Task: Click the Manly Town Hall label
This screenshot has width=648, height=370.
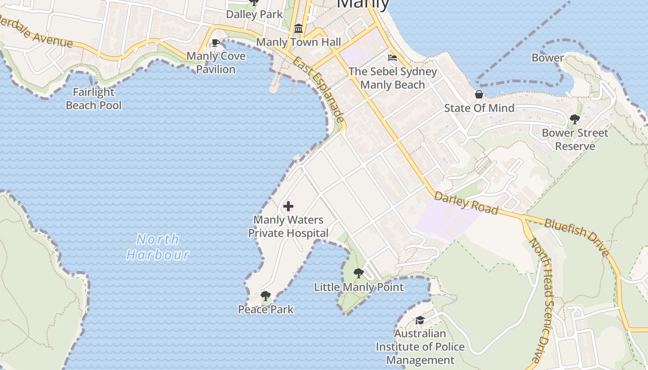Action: click(299, 42)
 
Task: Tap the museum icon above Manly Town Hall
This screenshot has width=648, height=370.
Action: click(299, 29)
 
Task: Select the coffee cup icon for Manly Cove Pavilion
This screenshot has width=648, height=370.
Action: click(215, 43)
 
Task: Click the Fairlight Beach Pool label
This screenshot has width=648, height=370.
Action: click(93, 99)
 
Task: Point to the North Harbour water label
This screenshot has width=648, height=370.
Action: click(158, 247)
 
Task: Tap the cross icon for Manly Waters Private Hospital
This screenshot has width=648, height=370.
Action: click(288, 206)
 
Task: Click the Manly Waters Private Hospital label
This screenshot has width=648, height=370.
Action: click(288, 227)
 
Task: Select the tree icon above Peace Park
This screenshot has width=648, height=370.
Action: click(265, 296)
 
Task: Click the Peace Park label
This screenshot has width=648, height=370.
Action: click(266, 309)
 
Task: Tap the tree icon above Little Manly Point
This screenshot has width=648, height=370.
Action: click(359, 273)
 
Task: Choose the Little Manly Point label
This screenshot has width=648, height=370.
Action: click(359, 287)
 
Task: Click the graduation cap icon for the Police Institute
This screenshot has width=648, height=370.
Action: click(420, 320)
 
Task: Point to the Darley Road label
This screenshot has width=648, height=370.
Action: click(466, 204)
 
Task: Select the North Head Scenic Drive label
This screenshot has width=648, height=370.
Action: click(541, 301)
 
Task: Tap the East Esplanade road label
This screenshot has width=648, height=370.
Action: click(319, 90)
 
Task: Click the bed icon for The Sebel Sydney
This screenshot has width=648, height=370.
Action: click(393, 58)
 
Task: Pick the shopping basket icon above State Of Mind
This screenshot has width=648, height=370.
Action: click(479, 95)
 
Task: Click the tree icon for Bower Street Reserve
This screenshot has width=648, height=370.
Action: click(575, 119)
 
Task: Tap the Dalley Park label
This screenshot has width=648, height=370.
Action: click(254, 14)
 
